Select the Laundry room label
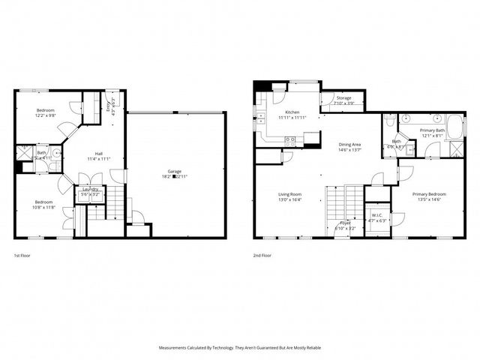tap(89, 190)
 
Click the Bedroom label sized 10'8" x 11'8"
tap(43, 204)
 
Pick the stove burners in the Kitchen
tap(290, 139)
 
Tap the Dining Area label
tap(350, 145)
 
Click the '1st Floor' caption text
tap(23, 256)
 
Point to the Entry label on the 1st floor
tap(111, 104)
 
